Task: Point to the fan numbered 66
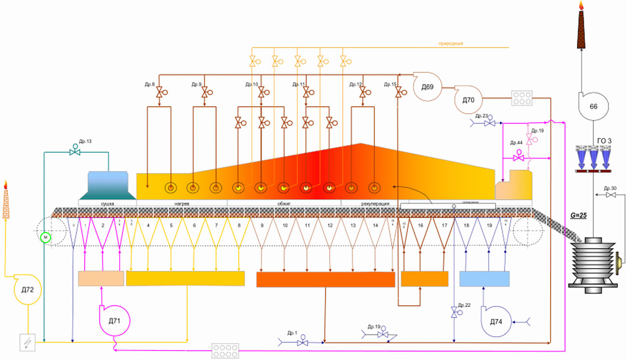(593, 105)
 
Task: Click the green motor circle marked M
(45, 237)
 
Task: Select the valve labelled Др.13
(75, 151)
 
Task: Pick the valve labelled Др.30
(611, 195)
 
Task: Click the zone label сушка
(107, 204)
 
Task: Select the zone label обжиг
(284, 204)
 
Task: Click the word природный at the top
(450, 44)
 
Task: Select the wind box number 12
(330, 225)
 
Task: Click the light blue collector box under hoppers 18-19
(484, 279)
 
